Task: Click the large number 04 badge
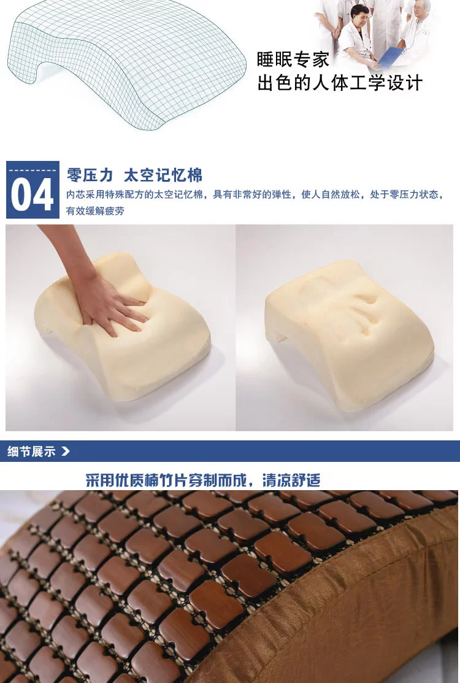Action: (x=33, y=190)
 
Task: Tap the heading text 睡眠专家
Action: (x=293, y=60)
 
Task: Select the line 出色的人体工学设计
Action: (x=340, y=83)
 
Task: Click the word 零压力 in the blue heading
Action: (x=89, y=175)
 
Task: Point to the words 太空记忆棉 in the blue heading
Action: (x=163, y=175)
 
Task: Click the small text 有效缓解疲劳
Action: (x=95, y=211)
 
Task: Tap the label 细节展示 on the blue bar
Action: (x=31, y=451)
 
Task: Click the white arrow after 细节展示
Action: (x=65, y=451)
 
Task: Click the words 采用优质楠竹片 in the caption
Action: (x=137, y=480)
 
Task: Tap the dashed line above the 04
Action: (x=33, y=170)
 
